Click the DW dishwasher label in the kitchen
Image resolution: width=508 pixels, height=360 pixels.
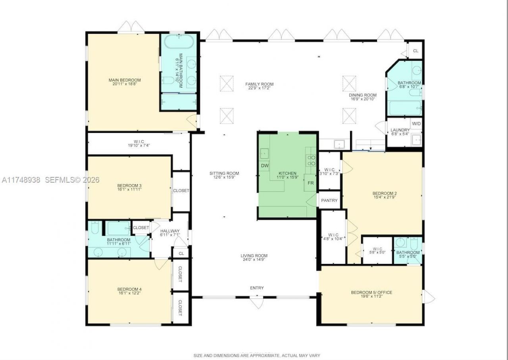(x=264, y=166)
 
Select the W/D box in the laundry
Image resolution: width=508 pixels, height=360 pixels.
(x=416, y=124)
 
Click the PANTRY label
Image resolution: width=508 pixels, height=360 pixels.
(x=329, y=200)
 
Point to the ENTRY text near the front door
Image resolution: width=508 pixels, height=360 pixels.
(x=257, y=288)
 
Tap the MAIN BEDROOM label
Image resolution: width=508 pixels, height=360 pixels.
(x=125, y=80)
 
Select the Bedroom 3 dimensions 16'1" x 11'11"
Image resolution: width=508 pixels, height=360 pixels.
(x=129, y=190)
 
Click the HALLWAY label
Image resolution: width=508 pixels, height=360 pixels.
(x=170, y=231)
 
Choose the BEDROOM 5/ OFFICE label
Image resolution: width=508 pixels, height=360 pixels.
(x=371, y=293)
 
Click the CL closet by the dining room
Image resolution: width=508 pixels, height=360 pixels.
(x=416, y=51)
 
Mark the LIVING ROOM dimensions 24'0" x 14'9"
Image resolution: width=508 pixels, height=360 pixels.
(x=254, y=260)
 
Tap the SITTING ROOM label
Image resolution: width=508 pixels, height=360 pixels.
(x=224, y=173)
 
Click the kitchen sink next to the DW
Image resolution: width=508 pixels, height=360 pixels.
(x=264, y=153)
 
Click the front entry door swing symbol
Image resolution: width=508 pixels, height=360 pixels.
(x=256, y=303)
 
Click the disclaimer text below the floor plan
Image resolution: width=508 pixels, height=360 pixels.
(x=256, y=355)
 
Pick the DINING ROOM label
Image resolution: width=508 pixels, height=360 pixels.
(x=363, y=95)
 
